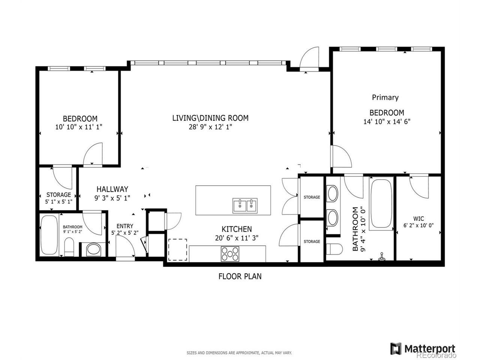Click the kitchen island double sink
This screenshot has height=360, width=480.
coord(245,205)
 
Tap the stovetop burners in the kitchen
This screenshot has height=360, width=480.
coord(230,254)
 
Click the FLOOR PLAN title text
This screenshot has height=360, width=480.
coord(240,276)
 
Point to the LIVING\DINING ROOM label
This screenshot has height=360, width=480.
coord(210,118)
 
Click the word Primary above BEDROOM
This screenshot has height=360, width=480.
coord(385,97)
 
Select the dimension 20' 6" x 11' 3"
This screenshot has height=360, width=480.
coord(237,238)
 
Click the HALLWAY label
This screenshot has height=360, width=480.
coord(112,189)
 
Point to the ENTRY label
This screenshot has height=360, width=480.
coord(124,226)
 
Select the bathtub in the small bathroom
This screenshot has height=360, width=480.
coord(49,235)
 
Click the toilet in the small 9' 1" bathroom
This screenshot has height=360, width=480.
coord(69,247)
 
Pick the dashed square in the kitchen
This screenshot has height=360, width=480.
coord(177,250)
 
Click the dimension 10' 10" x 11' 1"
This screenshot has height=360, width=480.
coord(78,127)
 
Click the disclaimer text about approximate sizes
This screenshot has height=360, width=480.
coord(239,353)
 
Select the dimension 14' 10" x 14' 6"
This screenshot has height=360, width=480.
coord(387,121)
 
